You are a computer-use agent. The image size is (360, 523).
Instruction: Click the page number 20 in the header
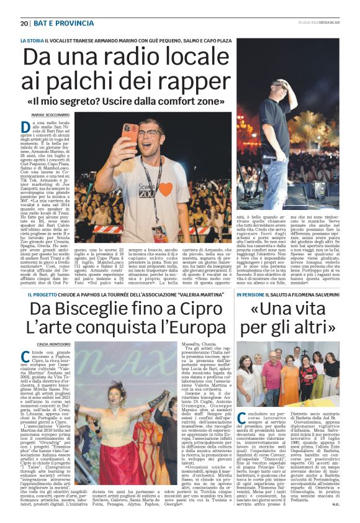click(24, 23)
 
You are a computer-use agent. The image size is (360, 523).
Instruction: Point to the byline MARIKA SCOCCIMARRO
click(51, 115)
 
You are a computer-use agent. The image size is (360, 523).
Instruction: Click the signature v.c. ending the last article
click(335, 512)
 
